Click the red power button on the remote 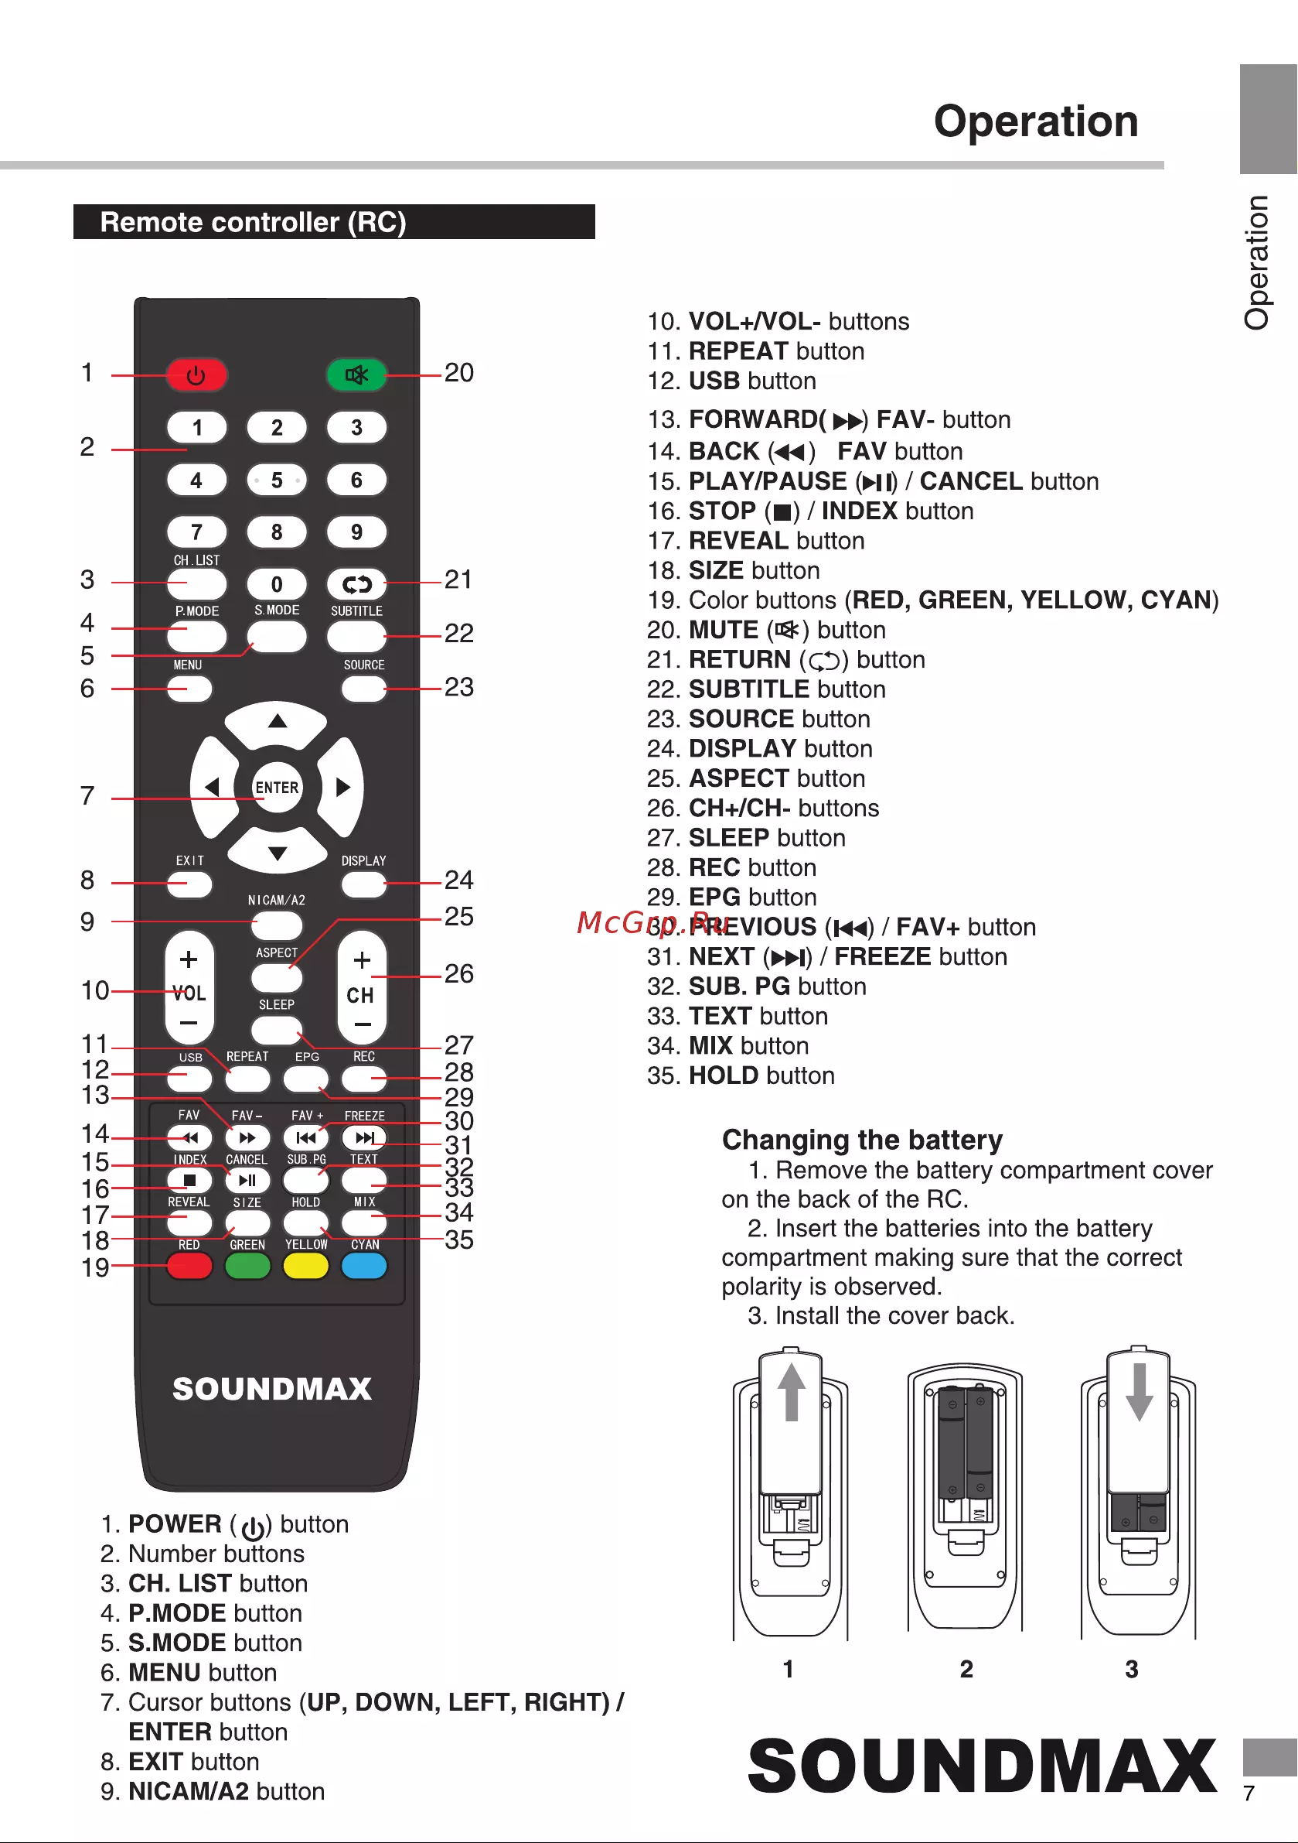[x=196, y=374]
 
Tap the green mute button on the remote [x=357, y=374]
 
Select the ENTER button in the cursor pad [x=277, y=788]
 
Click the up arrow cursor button [x=277, y=722]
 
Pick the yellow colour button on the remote [x=305, y=1266]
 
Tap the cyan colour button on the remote [x=364, y=1266]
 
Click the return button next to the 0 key [x=357, y=584]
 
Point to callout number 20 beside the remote [x=459, y=372]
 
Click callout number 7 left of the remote [x=87, y=795]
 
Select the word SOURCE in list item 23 [x=741, y=720]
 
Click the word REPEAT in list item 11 [x=738, y=351]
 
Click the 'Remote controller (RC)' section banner [x=334, y=221]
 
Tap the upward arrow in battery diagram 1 [x=792, y=1392]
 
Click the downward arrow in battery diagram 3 [x=1140, y=1392]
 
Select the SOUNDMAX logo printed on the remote [x=272, y=1390]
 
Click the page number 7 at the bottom [x=1249, y=1794]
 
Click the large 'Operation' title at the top [x=1036, y=121]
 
